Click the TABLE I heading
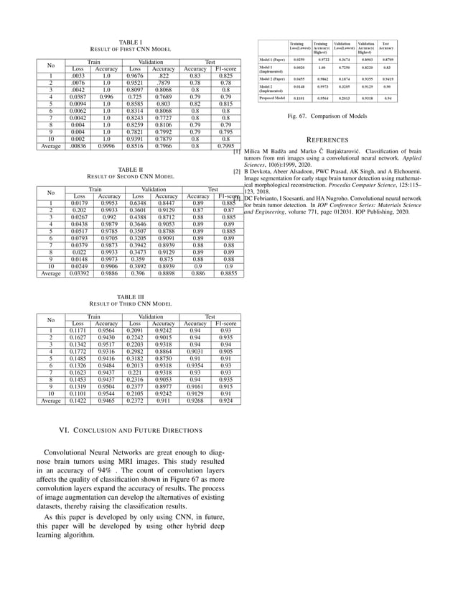click(x=131, y=42)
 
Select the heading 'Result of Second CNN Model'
click(x=131, y=175)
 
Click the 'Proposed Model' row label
click(x=271, y=97)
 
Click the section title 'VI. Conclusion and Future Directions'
click(x=130, y=430)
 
